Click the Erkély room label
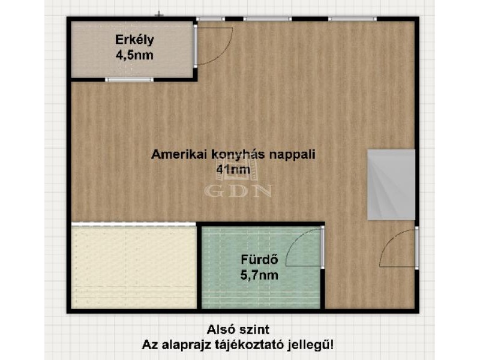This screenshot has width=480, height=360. click(134, 40)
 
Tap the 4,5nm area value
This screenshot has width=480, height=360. click(134, 55)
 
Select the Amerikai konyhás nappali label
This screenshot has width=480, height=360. click(233, 155)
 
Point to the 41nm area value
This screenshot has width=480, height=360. click(233, 169)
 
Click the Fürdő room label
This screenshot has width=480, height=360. click(259, 260)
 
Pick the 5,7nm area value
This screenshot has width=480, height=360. click(259, 275)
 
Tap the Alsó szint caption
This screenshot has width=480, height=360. click(238, 330)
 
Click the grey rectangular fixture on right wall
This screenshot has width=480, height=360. click(391, 185)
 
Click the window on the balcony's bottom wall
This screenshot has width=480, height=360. click(129, 80)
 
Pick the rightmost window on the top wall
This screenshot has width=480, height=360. click(352, 19)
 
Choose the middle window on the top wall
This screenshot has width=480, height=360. click(268, 19)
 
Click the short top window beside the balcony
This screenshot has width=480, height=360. click(211, 19)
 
